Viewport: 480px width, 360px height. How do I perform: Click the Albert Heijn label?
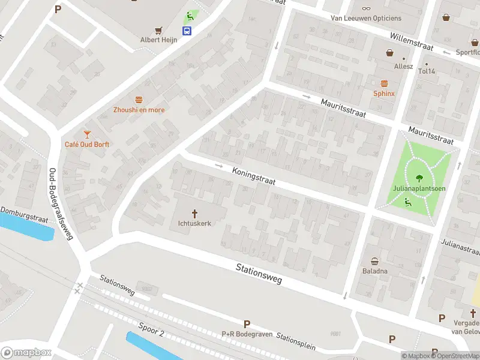tap(158, 40)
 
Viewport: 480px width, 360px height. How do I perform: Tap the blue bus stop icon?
tap(188, 31)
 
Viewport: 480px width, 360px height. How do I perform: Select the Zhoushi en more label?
tap(139, 110)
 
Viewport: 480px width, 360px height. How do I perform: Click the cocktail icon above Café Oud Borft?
tap(87, 134)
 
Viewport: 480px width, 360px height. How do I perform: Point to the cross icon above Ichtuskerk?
tap(195, 213)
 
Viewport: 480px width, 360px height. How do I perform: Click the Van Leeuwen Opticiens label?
tap(366, 18)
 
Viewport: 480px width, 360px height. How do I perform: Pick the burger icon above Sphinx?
tap(384, 83)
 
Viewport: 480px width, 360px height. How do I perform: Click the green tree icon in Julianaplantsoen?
tap(419, 178)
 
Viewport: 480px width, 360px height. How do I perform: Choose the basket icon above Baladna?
tap(375, 261)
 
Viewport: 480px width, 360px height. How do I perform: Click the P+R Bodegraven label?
tap(247, 334)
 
